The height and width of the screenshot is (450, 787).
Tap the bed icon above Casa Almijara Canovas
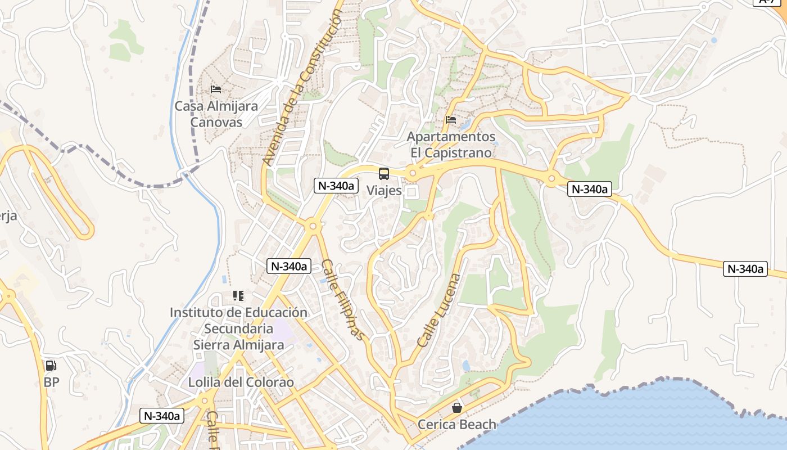(x=215, y=89)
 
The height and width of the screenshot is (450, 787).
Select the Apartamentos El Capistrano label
(x=451, y=145)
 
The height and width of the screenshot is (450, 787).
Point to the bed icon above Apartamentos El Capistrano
(x=451, y=119)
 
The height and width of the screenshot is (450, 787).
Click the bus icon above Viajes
(x=384, y=173)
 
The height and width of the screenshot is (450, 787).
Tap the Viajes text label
(x=384, y=191)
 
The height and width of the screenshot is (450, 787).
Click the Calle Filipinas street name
(x=343, y=299)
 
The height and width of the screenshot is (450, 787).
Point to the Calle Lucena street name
(x=439, y=310)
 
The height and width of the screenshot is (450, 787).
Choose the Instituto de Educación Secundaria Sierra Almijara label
(x=238, y=328)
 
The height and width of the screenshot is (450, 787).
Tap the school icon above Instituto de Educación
(x=238, y=295)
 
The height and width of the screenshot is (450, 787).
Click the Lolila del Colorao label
(x=241, y=382)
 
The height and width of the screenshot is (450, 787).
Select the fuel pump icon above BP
(x=51, y=366)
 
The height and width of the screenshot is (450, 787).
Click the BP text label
(x=51, y=382)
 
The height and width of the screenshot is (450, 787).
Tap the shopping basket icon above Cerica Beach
(x=457, y=407)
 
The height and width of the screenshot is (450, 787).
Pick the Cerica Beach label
(x=457, y=425)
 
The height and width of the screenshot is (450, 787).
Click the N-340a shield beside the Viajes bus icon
(x=336, y=186)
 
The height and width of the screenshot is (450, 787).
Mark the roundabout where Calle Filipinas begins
(x=313, y=226)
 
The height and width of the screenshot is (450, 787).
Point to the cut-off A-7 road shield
(x=769, y=2)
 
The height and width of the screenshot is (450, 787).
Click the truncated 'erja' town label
(x=8, y=216)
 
